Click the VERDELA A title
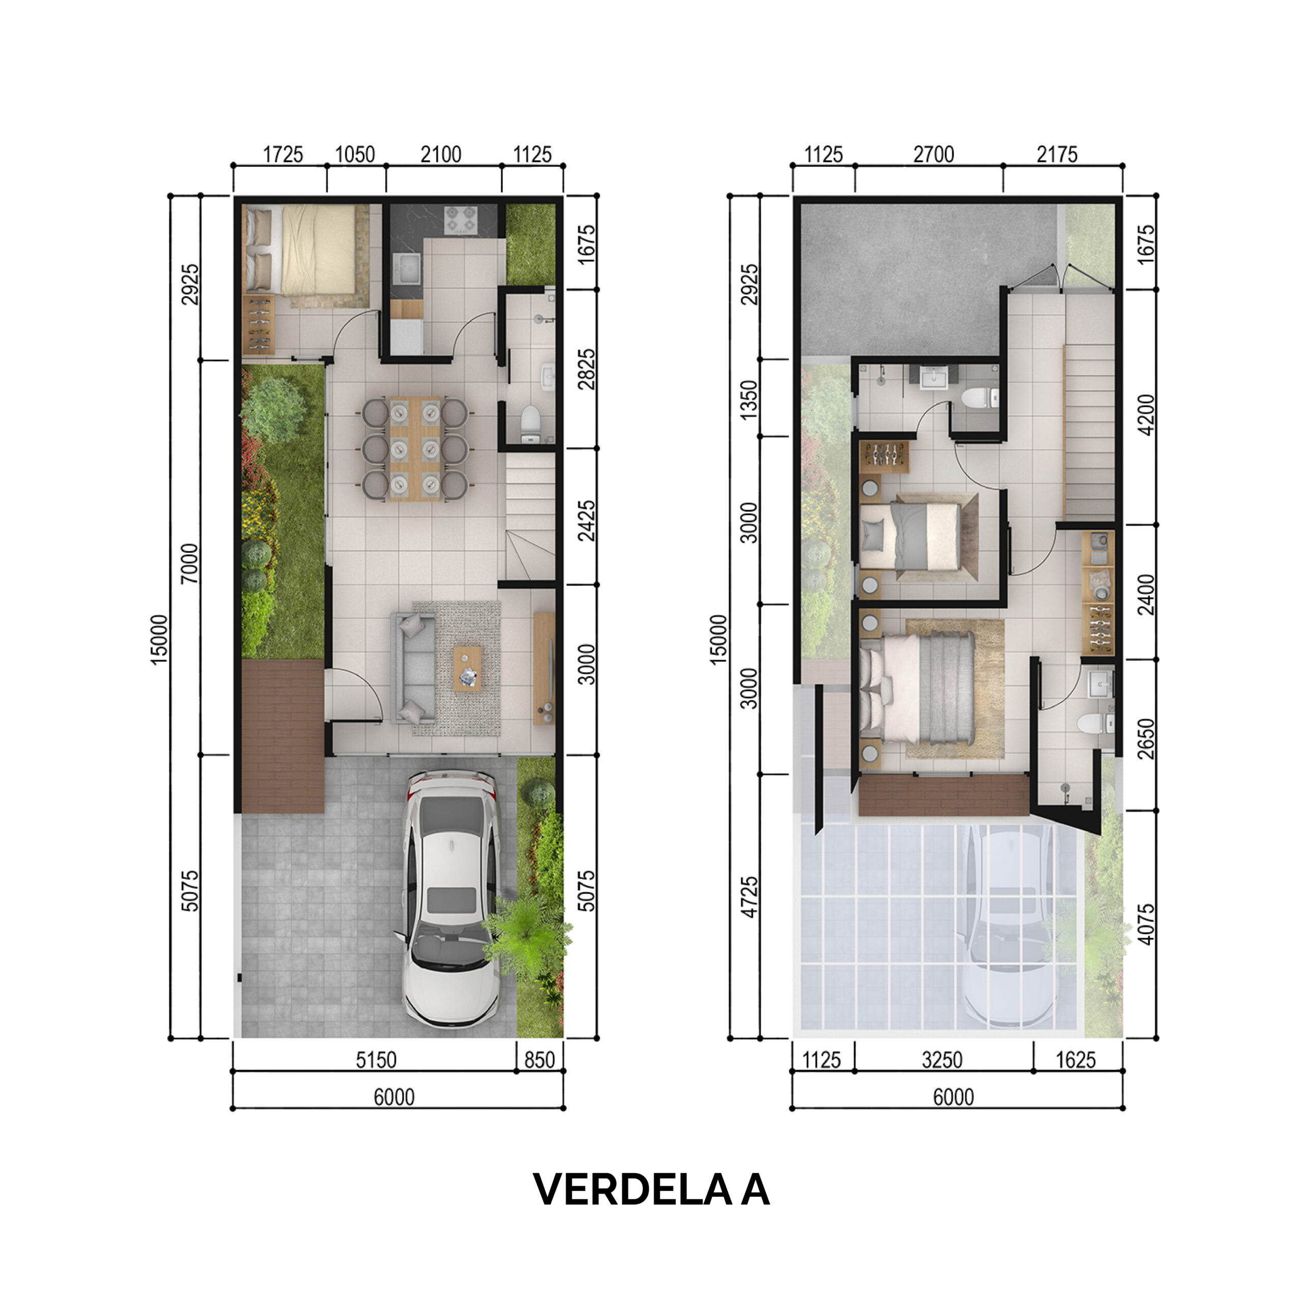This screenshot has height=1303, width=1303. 651,1189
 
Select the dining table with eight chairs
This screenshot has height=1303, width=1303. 415,448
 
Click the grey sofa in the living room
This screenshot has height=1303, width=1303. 413,668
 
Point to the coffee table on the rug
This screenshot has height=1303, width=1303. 467,668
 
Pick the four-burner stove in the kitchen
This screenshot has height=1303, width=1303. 461,220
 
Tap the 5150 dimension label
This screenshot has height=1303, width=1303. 376,1060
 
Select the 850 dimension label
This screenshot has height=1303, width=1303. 540,1060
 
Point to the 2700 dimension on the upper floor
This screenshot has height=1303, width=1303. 933,154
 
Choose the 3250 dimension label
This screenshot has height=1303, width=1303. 942,1060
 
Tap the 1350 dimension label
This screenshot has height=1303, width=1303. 749,399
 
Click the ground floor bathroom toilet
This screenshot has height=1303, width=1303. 531,420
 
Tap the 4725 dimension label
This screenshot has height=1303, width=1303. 749,897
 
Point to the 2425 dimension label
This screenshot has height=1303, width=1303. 587,520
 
